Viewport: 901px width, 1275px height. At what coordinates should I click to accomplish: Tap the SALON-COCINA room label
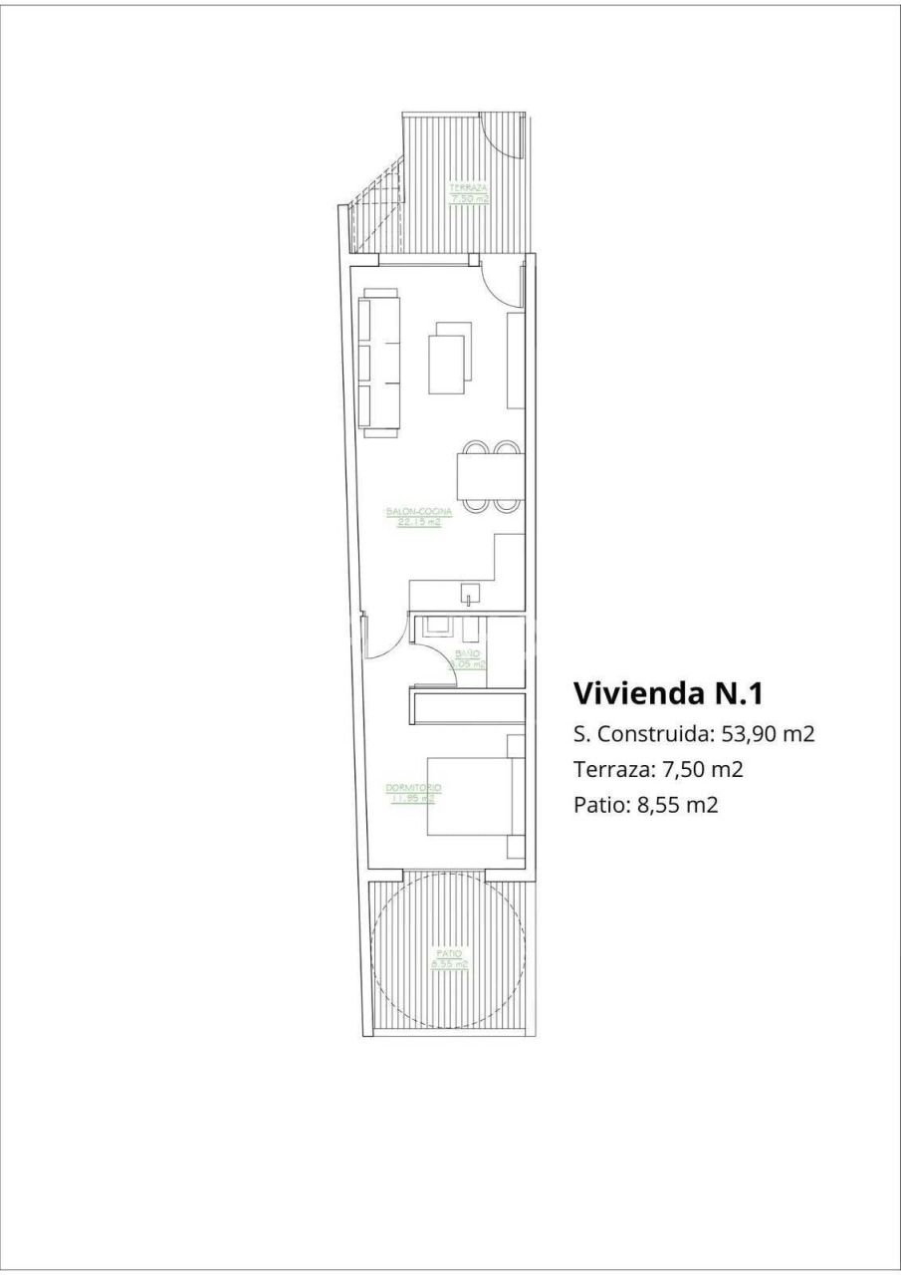tap(419, 517)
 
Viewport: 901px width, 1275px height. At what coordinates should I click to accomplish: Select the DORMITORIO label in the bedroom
tap(412, 793)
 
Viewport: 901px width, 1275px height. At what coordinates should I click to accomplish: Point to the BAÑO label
tap(469, 658)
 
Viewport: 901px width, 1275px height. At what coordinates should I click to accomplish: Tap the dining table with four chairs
tap(489, 476)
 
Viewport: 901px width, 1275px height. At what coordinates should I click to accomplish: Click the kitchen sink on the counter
tap(468, 597)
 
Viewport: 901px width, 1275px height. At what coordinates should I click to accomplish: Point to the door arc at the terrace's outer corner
tap(501, 134)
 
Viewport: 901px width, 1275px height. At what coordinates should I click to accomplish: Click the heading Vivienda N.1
tap(668, 692)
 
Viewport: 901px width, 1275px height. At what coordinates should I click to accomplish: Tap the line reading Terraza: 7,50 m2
tap(659, 769)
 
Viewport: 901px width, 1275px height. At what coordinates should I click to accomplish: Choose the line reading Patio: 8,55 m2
tap(645, 804)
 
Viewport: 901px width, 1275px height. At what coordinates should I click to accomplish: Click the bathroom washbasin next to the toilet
tap(436, 628)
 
